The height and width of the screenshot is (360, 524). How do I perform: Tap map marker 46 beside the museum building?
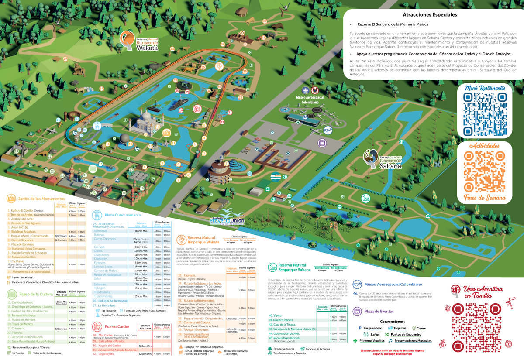click(305, 117)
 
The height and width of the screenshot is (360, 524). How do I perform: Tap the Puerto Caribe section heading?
click(117, 326)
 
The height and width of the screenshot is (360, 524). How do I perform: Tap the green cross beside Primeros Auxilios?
click(356, 340)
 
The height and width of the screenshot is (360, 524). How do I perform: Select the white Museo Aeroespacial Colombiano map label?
click(310, 99)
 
